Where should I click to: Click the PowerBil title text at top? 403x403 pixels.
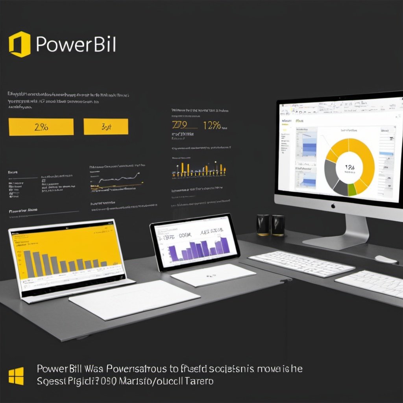point(76,45)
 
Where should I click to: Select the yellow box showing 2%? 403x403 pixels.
point(41,127)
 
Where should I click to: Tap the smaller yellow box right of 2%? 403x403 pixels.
point(106,127)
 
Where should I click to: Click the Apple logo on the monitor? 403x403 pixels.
point(333,205)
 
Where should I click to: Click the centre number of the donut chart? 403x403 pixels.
point(349,168)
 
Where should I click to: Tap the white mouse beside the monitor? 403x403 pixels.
point(386,259)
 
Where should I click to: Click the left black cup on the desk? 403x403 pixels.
point(263,225)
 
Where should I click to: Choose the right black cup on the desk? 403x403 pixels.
point(278,225)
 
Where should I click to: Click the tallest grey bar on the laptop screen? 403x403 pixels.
point(29,263)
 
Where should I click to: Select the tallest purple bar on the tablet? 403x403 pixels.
point(225,246)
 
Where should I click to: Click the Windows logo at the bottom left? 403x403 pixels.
point(16,376)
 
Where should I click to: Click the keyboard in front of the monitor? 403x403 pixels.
point(301,263)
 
